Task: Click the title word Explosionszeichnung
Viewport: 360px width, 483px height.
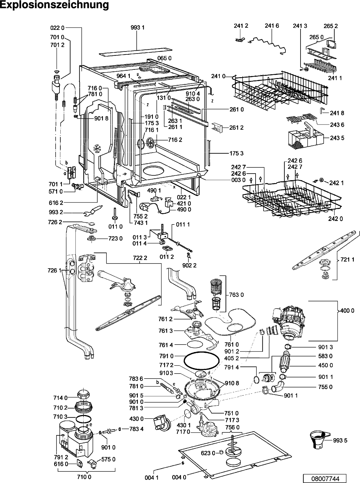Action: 54,5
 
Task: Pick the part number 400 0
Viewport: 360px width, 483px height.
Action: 347,311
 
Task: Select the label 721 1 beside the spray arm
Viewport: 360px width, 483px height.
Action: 347,259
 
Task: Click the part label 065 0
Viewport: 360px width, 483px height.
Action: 164,58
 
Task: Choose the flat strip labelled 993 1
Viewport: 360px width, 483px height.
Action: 136,51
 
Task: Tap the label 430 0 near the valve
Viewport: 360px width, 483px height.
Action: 136,419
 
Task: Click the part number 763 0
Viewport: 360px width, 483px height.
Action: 236,295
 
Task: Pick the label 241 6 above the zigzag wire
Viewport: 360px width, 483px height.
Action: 272,26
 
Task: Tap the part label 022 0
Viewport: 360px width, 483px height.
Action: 57,28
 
